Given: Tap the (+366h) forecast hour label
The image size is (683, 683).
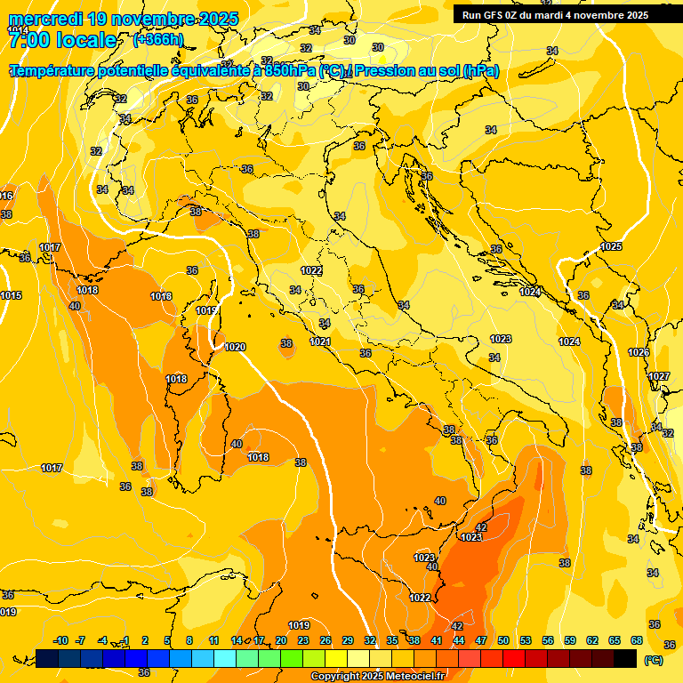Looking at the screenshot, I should click(158, 40).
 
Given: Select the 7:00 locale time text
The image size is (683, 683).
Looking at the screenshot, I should click(62, 40).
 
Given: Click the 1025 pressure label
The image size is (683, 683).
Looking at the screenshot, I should click(611, 246).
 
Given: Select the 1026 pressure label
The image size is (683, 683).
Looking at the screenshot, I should click(639, 352).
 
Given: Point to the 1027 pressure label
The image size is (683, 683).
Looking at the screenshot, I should click(658, 376).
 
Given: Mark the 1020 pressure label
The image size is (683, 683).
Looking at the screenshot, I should click(235, 347).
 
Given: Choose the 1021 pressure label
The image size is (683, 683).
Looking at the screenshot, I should click(320, 341).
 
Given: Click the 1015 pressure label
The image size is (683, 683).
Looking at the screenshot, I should click(11, 295).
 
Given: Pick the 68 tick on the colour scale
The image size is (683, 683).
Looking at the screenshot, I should click(637, 640).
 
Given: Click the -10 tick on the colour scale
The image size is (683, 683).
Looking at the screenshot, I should click(60, 640).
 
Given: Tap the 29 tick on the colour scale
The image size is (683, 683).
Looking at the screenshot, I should click(348, 640).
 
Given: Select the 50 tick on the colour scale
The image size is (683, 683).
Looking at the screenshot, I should click(503, 640).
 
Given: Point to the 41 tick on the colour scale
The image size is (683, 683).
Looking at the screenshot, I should click(437, 640).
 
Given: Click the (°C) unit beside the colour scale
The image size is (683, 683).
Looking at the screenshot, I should click(654, 660).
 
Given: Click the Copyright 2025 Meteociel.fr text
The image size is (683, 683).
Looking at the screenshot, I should click(377, 677).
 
